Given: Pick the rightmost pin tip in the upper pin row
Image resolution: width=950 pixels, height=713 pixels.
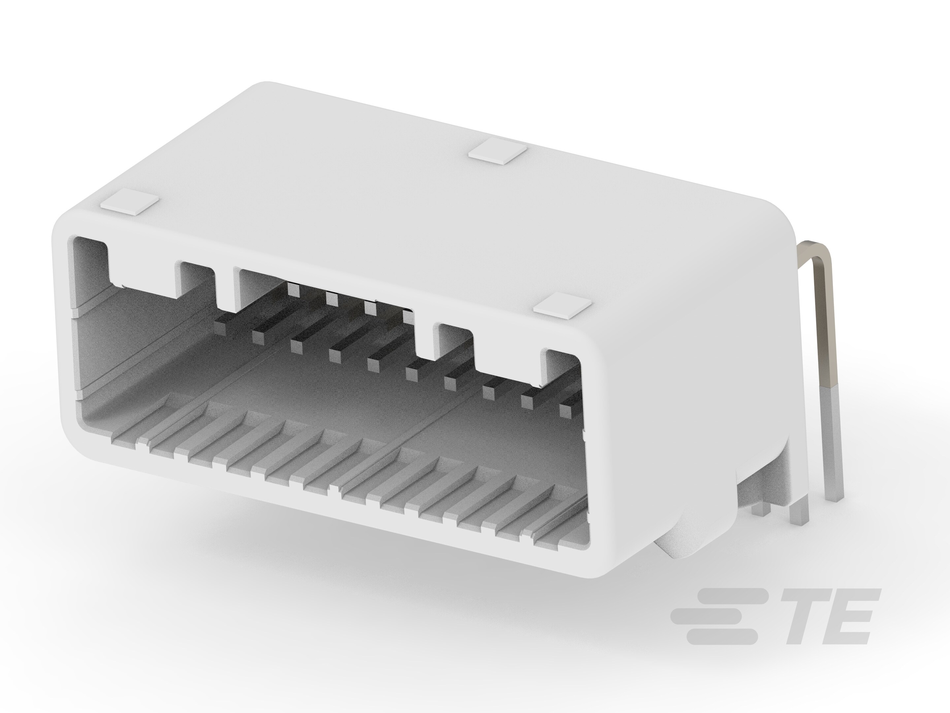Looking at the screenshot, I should coord(408,317).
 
